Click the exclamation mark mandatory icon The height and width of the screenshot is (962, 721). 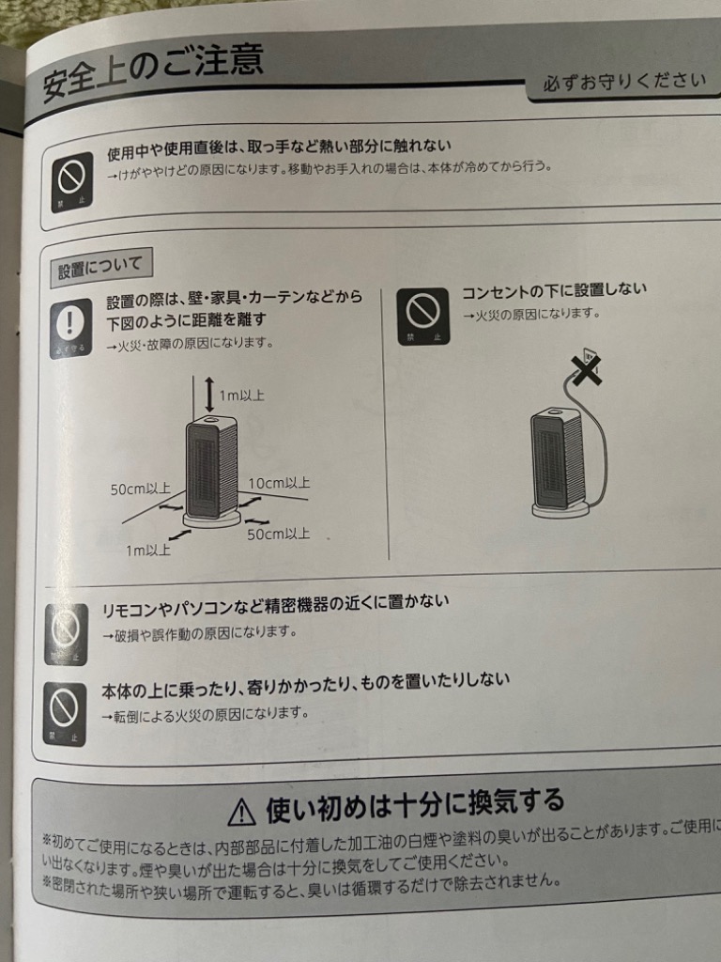pyautogui.click(x=70, y=328)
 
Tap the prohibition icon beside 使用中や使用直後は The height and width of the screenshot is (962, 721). pyautogui.click(x=71, y=181)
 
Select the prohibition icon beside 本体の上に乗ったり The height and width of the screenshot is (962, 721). pyautogui.click(x=66, y=712)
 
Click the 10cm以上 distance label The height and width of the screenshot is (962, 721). pyautogui.click(x=279, y=483)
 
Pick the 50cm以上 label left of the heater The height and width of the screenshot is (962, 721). pyautogui.click(x=140, y=489)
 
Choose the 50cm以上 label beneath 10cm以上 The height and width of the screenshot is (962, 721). pyautogui.click(x=279, y=534)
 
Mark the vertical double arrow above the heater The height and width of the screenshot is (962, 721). pyautogui.click(x=209, y=393)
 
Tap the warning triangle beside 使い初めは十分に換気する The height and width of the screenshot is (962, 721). pyautogui.click(x=241, y=809)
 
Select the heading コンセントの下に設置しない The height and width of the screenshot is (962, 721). pyautogui.click(x=554, y=290)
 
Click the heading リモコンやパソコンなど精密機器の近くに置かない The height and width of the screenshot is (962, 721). pyautogui.click(x=275, y=604)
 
